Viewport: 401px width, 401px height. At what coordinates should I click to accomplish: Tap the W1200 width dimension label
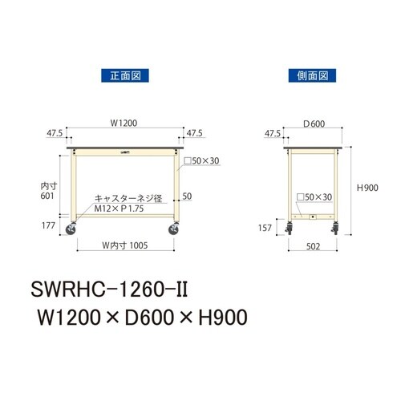[126, 124]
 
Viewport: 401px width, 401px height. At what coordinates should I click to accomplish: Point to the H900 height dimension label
[368, 187]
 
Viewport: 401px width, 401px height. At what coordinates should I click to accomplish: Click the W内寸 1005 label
[125, 245]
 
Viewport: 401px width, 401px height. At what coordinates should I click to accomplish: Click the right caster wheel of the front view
[175, 230]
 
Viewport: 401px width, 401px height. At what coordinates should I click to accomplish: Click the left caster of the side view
[291, 230]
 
